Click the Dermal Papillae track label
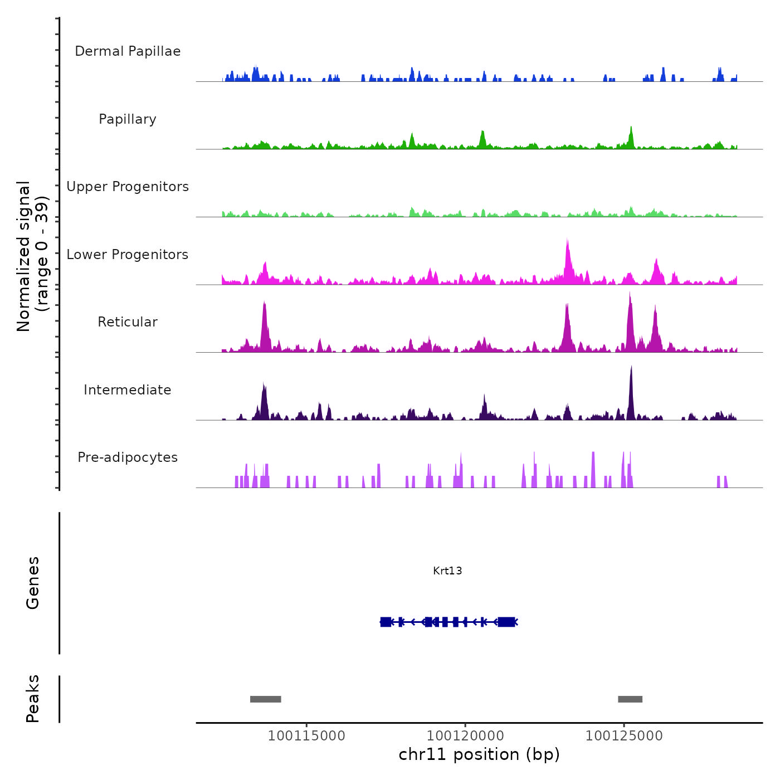coord(128,51)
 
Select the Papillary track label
coord(128,119)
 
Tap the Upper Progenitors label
coord(128,187)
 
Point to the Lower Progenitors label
coord(128,255)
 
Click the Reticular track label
coord(128,322)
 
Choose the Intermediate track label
coord(128,390)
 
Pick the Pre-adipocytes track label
coord(128,457)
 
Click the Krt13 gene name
coord(447,571)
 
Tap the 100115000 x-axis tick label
coord(306,736)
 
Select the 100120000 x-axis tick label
coord(465,736)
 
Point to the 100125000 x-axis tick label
coord(624,736)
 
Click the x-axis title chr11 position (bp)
coord(479,754)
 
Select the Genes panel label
coord(33,583)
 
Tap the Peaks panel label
coord(33,699)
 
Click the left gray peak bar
coord(265,699)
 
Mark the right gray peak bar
coord(630,699)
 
